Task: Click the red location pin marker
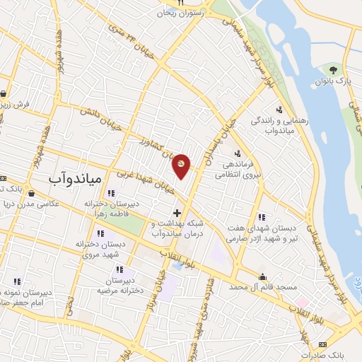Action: [182, 165]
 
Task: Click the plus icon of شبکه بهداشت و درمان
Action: [177, 212]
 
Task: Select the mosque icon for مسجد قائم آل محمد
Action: [263, 276]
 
